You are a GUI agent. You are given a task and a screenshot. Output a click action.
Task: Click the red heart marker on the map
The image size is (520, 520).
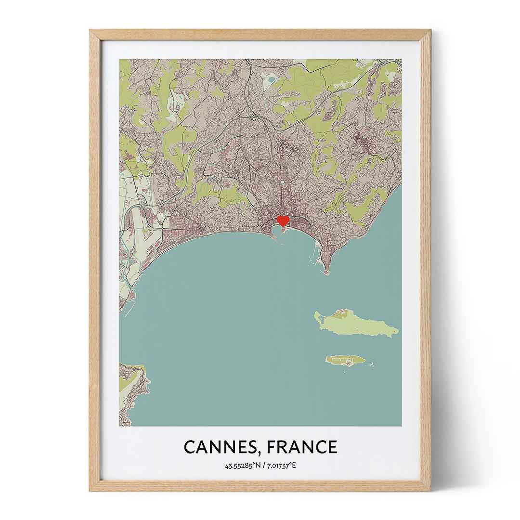click(283, 221)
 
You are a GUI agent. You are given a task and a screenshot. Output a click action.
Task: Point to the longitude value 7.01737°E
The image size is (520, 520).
click(282, 466)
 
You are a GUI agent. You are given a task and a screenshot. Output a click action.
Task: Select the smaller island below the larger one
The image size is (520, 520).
click(346, 360)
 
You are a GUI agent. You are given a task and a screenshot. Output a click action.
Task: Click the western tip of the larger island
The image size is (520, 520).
click(316, 315)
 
